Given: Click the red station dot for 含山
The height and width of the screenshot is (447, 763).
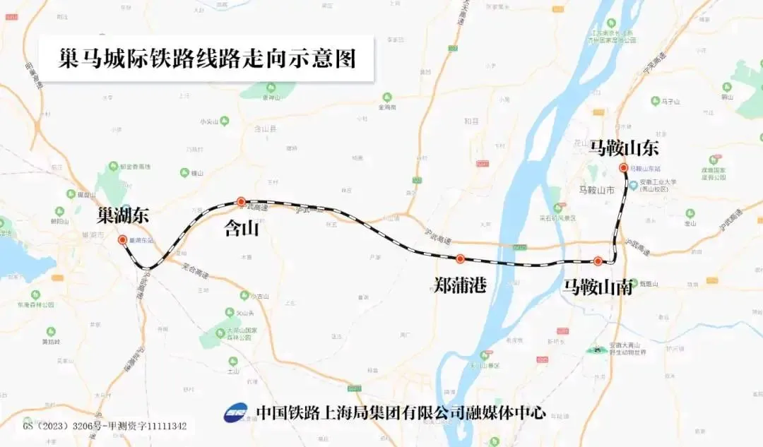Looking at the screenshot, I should pyautogui.click(x=241, y=201).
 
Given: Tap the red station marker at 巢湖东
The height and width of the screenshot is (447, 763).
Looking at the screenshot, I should pyautogui.click(x=122, y=239).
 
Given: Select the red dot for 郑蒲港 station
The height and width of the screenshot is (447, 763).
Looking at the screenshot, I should pyautogui.click(x=460, y=258).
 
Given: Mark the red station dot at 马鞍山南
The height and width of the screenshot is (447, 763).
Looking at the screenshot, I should pyautogui.click(x=598, y=261).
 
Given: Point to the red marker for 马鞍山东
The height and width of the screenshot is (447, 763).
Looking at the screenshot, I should pyautogui.click(x=623, y=167).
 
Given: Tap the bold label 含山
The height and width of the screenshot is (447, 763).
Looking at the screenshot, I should pyautogui.click(x=241, y=228).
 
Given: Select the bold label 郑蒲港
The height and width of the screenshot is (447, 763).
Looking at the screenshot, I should pyautogui.click(x=461, y=285).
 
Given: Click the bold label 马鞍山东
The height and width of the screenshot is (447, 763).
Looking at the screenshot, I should pyautogui.click(x=624, y=148).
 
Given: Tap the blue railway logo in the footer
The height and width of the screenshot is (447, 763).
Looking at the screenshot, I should pyautogui.click(x=236, y=412).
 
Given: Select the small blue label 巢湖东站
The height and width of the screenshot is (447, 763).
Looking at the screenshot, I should pyautogui.click(x=142, y=239).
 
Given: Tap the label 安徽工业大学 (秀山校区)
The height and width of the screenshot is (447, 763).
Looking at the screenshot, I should pyautogui.click(x=657, y=186).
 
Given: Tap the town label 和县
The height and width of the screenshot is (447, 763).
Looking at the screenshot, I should pyautogui.click(x=471, y=121).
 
